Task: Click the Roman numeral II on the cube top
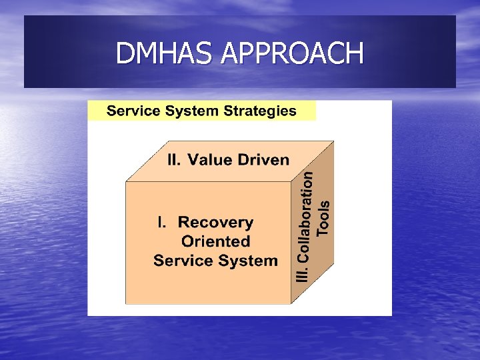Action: [174, 160]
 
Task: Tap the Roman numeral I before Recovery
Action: [160, 222]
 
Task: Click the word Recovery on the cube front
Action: [215, 222]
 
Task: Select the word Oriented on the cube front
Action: [215, 241]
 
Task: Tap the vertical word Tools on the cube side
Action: [323, 217]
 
